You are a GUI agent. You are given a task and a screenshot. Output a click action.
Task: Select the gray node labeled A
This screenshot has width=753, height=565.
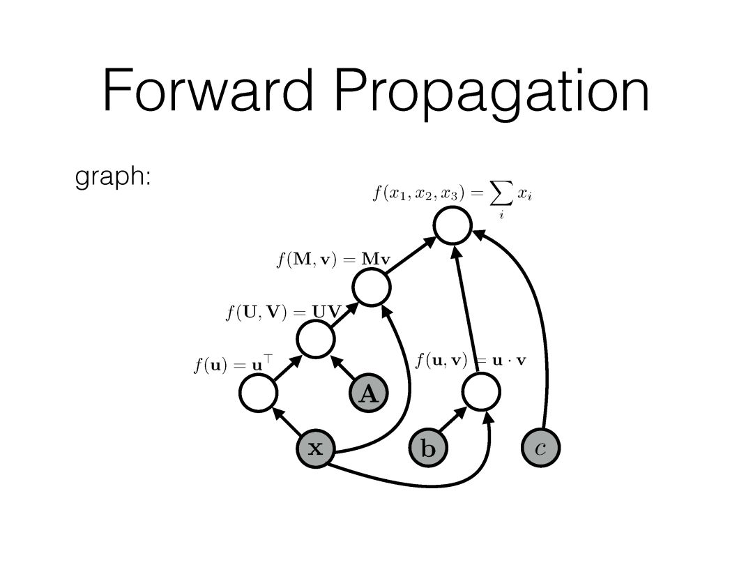(x=368, y=395)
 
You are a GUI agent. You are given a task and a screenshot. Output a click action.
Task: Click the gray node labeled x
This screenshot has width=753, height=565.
(x=316, y=448)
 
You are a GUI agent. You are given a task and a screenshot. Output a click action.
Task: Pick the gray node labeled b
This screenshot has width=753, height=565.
(x=427, y=448)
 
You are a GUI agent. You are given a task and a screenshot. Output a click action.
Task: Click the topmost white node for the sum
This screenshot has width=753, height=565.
(x=453, y=225)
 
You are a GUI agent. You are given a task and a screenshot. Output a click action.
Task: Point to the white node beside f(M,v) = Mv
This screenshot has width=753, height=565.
(x=371, y=287)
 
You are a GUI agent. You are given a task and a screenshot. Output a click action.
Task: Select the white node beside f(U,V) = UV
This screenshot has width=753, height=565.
(x=316, y=340)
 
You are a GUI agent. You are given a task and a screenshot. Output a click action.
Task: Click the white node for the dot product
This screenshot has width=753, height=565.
(x=481, y=393)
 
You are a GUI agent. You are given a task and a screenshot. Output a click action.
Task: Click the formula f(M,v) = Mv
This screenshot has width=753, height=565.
(x=332, y=261)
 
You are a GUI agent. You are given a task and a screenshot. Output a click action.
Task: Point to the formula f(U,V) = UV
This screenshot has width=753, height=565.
(x=282, y=311)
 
